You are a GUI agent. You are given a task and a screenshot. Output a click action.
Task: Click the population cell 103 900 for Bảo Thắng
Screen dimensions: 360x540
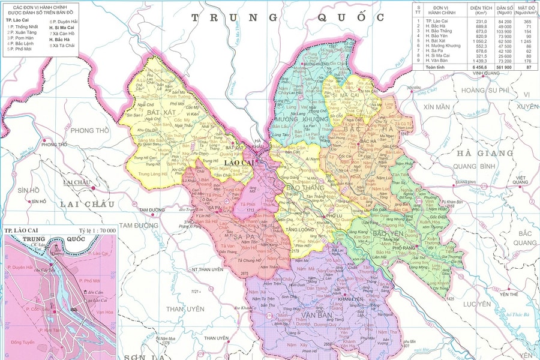point(505,31)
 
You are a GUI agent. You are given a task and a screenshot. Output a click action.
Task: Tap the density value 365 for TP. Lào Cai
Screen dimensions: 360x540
point(527,22)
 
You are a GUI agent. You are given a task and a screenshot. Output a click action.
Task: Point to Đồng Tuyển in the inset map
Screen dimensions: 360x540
point(23,342)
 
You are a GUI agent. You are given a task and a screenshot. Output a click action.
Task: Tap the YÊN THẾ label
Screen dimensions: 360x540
point(508,294)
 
